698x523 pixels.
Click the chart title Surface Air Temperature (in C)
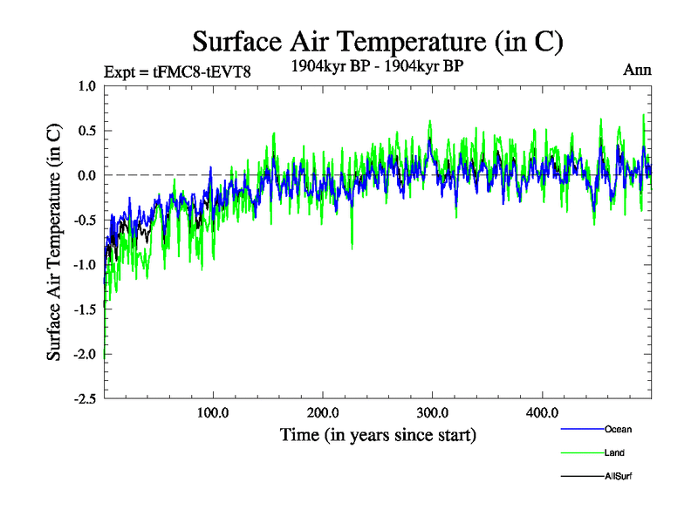377,41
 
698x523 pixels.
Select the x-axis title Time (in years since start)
378,434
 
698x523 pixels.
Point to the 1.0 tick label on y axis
86,85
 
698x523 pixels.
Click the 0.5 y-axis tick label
86,131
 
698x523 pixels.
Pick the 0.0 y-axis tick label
86,175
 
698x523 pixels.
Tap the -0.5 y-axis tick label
85,220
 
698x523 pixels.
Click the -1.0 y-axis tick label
85,264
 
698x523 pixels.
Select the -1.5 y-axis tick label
85,309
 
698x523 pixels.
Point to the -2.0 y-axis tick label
85,354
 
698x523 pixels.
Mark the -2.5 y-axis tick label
85,398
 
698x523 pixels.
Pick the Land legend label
614,453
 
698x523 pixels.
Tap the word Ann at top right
637,70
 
